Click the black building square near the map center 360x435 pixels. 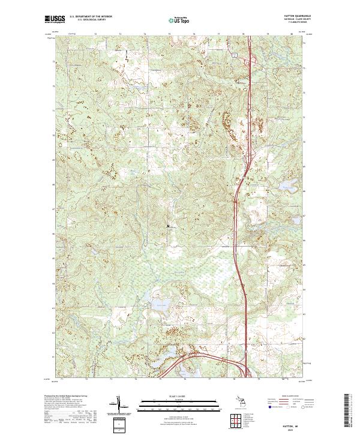pos(168,226)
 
